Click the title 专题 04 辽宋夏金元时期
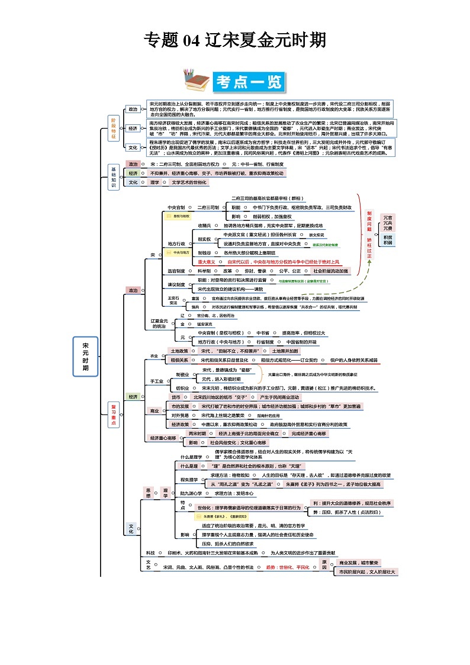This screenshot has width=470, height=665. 235,40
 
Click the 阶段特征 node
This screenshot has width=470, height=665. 114,127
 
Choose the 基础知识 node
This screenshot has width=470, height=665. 114,176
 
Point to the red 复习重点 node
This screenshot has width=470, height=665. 114,413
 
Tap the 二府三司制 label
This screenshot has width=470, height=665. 208,207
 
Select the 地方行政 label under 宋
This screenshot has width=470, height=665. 176,243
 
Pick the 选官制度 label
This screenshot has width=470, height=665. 176,271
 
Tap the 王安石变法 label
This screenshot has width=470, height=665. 173,300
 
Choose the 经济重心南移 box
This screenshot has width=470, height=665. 163,438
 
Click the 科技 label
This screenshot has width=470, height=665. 150,552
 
